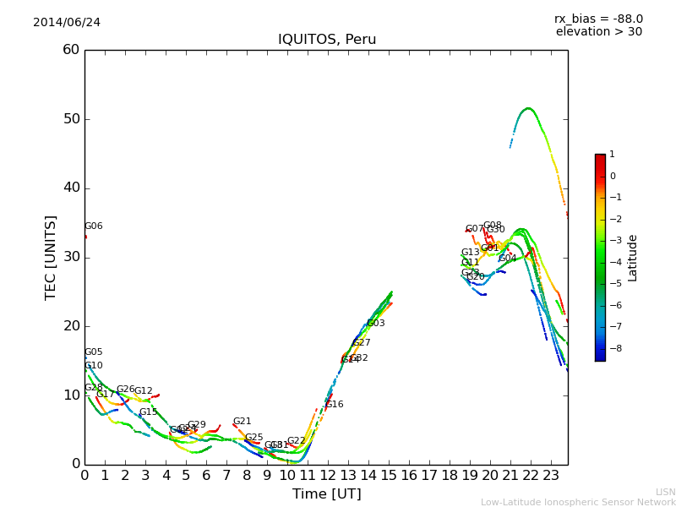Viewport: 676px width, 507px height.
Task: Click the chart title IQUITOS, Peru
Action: click(327, 40)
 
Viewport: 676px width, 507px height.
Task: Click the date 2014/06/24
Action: click(67, 22)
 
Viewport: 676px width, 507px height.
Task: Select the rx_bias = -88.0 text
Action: click(598, 19)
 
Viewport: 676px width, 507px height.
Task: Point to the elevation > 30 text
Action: click(598, 32)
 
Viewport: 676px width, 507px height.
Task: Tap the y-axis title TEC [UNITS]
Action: click(51, 257)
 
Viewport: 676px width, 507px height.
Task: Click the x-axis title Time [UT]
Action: click(326, 493)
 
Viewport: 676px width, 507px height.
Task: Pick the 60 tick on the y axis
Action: click(71, 50)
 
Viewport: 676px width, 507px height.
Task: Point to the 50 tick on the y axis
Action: click(71, 119)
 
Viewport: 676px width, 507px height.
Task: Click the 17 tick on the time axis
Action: click(429, 475)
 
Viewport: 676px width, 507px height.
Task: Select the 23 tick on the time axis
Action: click(551, 475)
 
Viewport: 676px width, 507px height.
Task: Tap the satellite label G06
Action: click(93, 226)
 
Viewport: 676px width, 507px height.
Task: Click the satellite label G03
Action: click(375, 324)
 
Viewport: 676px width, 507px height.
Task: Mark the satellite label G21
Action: click(242, 422)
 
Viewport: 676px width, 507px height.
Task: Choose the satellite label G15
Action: click(148, 412)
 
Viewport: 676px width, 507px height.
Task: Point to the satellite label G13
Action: click(470, 253)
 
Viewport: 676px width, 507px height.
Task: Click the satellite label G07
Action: click(474, 229)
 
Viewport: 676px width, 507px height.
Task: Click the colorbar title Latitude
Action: click(632, 258)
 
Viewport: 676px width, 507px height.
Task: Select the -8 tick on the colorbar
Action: click(612, 346)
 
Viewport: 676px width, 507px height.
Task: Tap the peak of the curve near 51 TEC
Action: click(528, 108)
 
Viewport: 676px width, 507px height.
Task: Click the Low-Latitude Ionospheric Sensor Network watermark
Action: click(578, 502)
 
